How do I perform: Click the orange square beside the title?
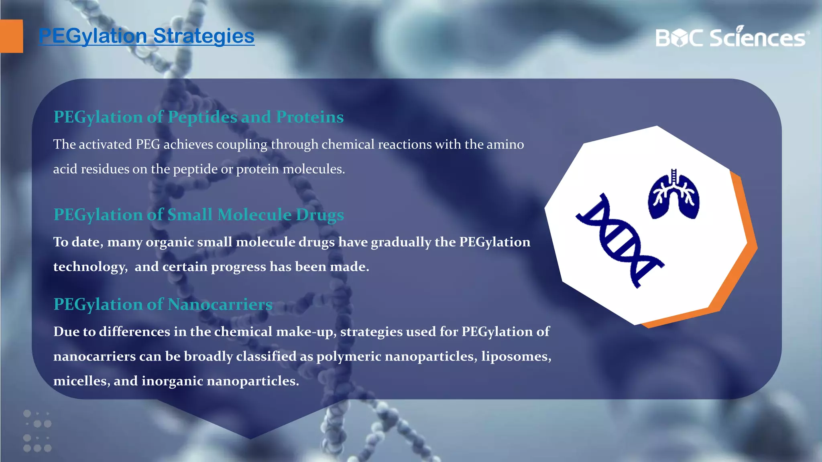click(11, 36)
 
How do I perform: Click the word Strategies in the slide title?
click(203, 36)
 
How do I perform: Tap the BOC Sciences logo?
click(732, 37)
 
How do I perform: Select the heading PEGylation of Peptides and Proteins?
click(199, 117)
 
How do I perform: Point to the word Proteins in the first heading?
click(310, 117)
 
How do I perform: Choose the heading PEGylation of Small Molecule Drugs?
click(199, 215)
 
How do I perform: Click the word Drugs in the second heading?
click(320, 215)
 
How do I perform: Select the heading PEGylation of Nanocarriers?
click(163, 304)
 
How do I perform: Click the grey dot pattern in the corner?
click(37, 431)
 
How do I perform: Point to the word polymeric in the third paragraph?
click(348, 356)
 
